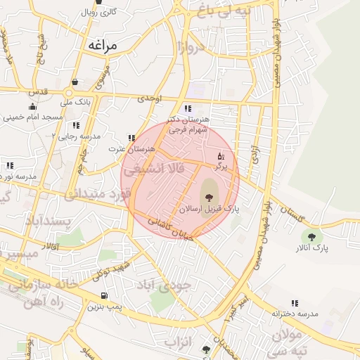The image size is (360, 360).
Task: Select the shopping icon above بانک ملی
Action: (75, 82)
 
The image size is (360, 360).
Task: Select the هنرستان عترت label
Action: (131, 149)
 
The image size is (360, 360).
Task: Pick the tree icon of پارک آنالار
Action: (311, 237)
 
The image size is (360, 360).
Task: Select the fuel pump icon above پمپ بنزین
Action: (105, 295)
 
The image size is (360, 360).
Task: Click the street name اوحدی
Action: (150, 99)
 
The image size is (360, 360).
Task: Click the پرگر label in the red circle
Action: (221, 167)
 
